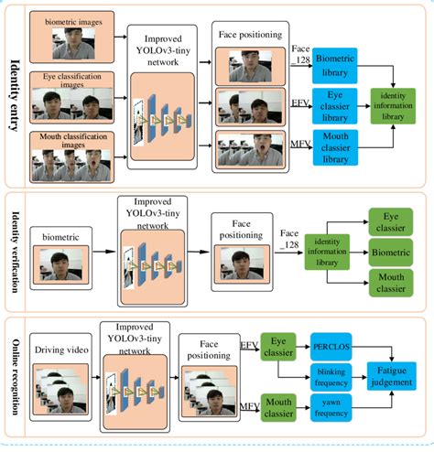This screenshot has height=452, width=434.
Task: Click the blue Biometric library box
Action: click(x=333, y=62)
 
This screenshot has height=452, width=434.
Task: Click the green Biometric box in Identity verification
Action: click(x=396, y=249)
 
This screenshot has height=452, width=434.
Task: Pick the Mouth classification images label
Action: click(x=72, y=139)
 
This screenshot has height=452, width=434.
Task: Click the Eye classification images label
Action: click(x=72, y=79)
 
